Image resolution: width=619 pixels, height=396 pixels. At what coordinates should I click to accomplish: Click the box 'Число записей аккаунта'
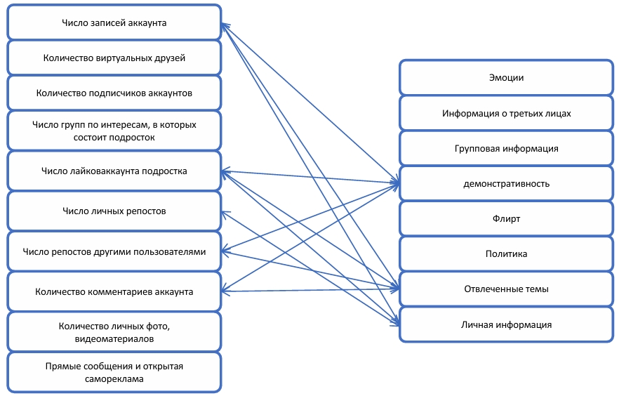pos(114,22)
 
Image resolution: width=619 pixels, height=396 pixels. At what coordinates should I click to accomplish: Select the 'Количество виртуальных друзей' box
pos(114,58)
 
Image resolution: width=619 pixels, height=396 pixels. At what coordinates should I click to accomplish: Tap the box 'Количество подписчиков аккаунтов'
pos(114,93)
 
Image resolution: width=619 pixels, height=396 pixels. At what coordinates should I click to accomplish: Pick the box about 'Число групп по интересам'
pos(114,131)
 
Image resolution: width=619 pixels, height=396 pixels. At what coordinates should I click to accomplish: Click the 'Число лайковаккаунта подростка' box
pos(114,171)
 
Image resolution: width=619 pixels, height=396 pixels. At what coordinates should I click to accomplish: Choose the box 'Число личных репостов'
pos(114,211)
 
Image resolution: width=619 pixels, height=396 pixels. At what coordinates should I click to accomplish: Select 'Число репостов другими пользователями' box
pos(114,251)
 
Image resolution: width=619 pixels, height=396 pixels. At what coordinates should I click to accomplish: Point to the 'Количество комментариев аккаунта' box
pos(114,291)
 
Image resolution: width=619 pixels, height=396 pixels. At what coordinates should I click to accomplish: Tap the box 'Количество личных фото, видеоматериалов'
pos(114,332)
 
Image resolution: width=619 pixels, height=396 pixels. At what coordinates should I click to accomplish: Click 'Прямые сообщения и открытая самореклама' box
pos(114,372)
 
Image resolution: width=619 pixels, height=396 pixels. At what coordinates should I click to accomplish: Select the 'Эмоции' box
pos(506,78)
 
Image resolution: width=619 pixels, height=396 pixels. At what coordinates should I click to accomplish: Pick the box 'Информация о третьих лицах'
pos(506,113)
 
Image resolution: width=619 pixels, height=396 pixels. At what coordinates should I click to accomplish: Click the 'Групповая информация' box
pos(506,148)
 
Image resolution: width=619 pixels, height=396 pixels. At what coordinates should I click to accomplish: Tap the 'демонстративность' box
pos(506,184)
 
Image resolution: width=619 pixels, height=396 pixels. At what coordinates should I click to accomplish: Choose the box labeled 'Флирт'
pos(506,218)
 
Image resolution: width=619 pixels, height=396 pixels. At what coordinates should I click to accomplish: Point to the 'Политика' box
pos(506,253)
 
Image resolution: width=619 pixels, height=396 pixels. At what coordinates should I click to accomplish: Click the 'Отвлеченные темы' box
pos(506,289)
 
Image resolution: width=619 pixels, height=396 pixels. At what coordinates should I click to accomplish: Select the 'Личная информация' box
pos(506,324)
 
